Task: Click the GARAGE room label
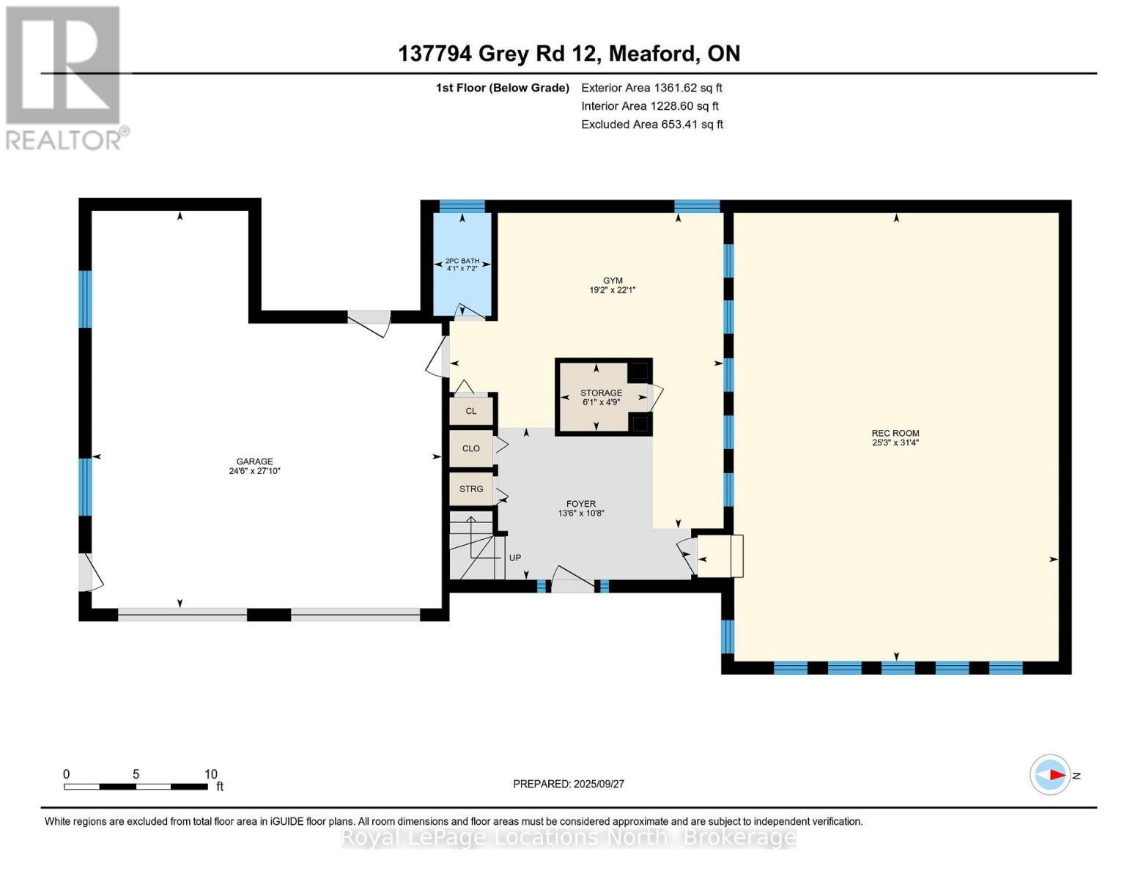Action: click(254, 461)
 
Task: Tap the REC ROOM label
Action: click(895, 433)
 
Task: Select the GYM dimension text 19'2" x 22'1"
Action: click(613, 290)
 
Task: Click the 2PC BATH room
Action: click(462, 264)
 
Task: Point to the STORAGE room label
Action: click(601, 393)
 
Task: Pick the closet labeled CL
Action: click(471, 411)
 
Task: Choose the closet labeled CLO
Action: click(471, 448)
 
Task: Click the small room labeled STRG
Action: click(471, 489)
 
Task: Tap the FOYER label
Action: click(580, 504)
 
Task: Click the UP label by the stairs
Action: click(515, 558)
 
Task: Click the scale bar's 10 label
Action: click(210, 774)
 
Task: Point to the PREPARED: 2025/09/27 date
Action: click(569, 784)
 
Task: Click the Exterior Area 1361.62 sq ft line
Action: click(651, 87)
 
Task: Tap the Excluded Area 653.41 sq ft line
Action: click(652, 125)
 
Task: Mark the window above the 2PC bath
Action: click(462, 206)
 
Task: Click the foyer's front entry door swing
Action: click(572, 579)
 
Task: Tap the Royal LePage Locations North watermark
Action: click(569, 837)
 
